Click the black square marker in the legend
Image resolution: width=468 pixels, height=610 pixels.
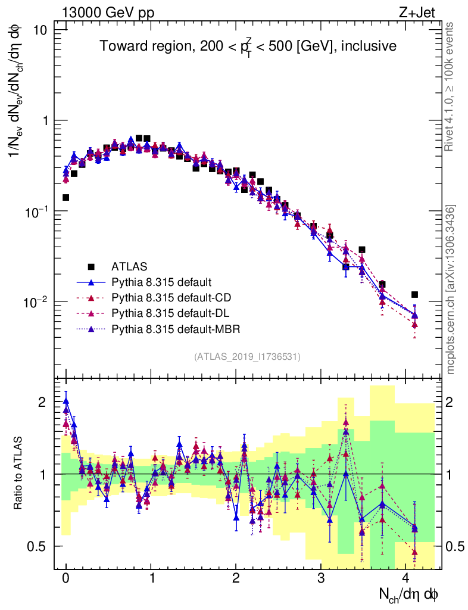92,266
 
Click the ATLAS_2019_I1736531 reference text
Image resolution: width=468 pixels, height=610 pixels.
247,357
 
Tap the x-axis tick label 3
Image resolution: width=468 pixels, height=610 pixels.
321,578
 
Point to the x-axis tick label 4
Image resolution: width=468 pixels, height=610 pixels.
406,578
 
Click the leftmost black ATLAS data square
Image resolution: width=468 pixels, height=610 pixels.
65,197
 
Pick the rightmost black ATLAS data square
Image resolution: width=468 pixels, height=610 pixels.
414,294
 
